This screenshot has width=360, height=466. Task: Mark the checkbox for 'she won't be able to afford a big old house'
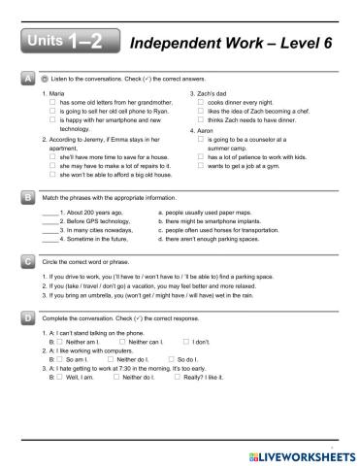tap(52, 175)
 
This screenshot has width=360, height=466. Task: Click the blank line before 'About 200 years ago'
tap(50, 211)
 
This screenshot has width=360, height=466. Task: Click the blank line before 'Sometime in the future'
tap(50, 239)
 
